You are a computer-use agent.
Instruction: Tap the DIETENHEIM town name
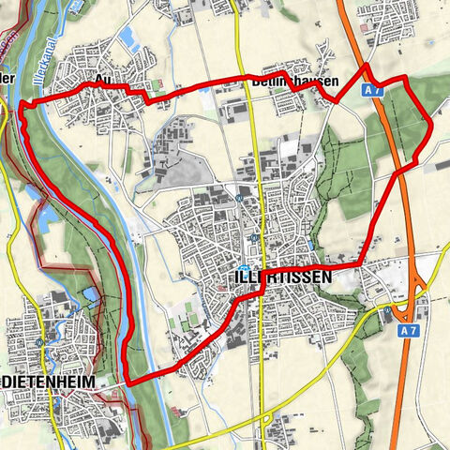tap(48, 384)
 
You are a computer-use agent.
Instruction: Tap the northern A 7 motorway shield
tap(374, 90)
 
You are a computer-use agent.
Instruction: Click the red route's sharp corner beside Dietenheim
tap(127, 383)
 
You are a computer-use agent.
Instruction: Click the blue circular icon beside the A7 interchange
tap(387, 308)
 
